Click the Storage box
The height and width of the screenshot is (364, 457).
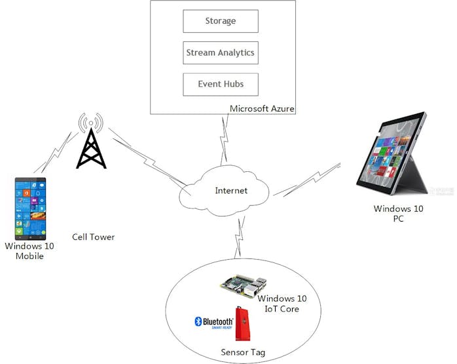221,21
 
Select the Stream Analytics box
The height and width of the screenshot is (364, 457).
221,52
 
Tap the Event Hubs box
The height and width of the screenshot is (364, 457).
221,85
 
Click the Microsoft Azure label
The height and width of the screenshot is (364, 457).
263,108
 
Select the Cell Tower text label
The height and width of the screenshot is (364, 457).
94,237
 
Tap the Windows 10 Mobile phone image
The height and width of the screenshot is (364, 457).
31,209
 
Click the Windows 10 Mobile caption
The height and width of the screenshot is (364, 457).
29,251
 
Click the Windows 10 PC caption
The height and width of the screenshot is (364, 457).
398,214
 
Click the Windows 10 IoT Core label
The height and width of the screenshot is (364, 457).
282,304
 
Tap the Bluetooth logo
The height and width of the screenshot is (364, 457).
214,322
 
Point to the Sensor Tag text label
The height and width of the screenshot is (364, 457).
243,352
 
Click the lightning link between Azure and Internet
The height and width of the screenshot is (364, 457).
225,138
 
